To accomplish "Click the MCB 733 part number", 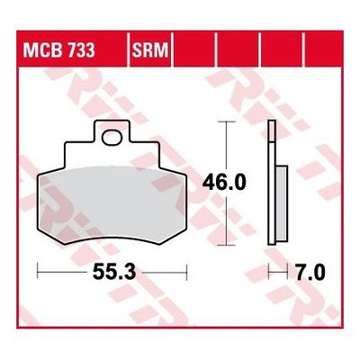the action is point(59,49).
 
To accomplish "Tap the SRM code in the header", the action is point(150,49).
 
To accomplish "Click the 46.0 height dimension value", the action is point(224,183).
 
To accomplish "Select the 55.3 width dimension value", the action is point(114,273).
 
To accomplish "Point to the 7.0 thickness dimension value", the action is point(310,273).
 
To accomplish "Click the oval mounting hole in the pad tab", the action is point(112,138).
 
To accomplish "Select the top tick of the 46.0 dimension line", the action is point(226,121).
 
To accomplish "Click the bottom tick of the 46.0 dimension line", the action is point(226,245).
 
